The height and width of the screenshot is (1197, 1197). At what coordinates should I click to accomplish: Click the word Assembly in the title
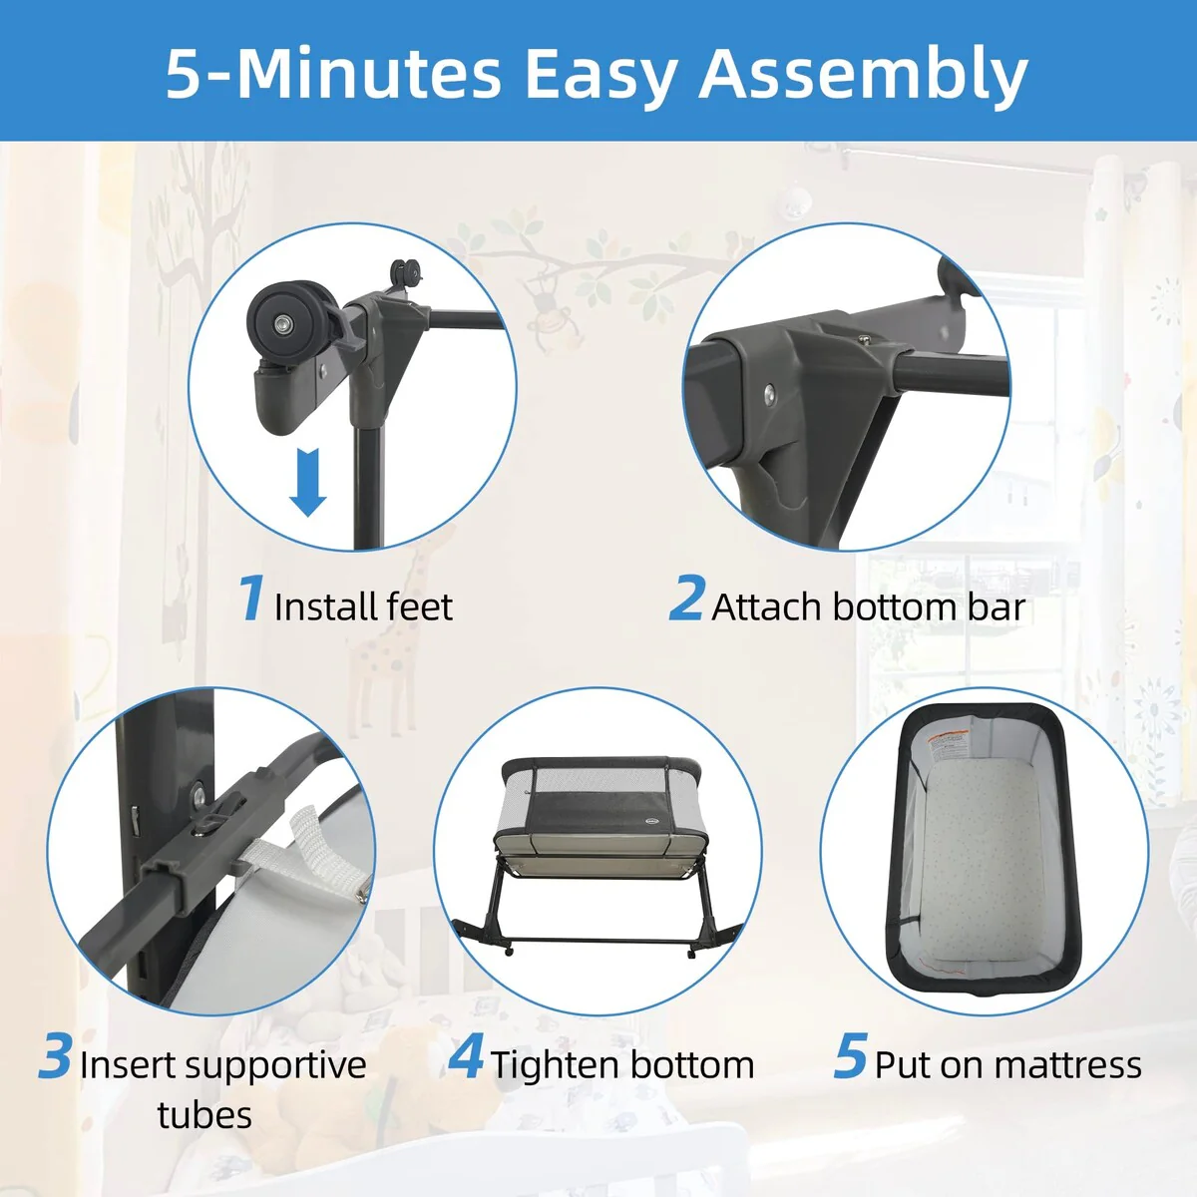click(864, 76)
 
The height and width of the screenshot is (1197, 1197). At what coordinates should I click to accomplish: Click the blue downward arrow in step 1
click(307, 482)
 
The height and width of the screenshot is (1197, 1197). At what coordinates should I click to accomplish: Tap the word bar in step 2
click(996, 606)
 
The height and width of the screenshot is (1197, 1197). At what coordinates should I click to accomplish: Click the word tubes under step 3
click(204, 1114)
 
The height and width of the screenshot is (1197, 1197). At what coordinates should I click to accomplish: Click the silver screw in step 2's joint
click(770, 393)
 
